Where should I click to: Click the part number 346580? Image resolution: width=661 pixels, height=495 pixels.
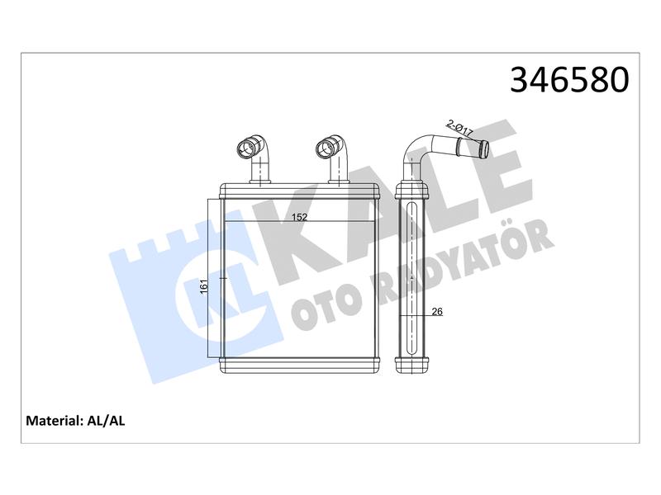[569, 80]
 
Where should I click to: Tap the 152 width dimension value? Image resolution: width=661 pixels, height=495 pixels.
[300, 217]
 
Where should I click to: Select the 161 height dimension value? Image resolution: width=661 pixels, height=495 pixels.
[204, 286]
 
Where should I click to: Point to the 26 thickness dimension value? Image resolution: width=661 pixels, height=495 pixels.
[437, 312]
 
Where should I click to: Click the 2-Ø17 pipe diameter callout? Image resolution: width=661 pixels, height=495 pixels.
[459, 128]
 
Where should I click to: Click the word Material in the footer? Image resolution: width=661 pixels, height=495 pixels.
[53, 421]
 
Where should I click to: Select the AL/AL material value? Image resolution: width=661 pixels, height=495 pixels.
[106, 421]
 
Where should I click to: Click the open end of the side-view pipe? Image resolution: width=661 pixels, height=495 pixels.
[484, 149]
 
